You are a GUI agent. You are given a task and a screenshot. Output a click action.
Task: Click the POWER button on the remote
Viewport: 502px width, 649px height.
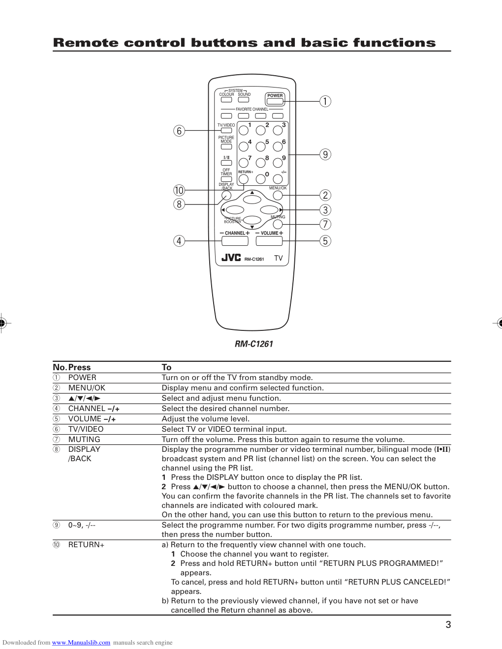pos(275,101)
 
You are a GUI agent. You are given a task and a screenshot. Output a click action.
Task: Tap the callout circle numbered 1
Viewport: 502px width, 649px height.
pos(325,101)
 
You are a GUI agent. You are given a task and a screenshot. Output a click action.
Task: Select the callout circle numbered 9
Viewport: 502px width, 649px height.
pos(325,154)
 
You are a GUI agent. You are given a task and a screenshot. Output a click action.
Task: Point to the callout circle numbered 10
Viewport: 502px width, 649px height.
pos(179,190)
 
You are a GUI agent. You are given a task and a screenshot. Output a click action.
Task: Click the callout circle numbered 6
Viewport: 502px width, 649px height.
pos(179,131)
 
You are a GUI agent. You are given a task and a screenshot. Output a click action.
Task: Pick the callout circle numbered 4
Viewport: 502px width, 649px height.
pos(179,241)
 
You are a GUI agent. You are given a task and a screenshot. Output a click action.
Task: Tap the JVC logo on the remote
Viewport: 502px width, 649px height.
pos(231,258)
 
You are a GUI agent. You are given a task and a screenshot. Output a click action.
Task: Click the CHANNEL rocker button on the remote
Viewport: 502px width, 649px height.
pos(235,241)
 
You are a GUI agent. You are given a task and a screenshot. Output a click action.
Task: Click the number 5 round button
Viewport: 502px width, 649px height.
pos(260,147)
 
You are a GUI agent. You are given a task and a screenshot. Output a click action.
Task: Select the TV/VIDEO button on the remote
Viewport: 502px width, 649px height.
pos(226,131)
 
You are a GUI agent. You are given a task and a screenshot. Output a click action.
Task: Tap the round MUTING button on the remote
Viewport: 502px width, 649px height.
pos(278,225)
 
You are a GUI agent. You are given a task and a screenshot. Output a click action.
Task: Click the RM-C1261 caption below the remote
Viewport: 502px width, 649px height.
pos(253,344)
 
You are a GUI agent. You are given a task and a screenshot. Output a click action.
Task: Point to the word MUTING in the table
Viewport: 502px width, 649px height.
pos(84,440)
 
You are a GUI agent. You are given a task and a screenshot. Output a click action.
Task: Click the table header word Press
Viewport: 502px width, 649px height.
pos(79,367)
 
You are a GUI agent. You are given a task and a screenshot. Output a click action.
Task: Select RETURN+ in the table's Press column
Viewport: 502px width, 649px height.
pos(86,545)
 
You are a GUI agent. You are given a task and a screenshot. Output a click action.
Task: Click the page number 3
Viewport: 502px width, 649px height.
pos(448,625)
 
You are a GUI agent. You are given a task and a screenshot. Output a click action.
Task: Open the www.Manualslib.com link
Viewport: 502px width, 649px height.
pos(81,643)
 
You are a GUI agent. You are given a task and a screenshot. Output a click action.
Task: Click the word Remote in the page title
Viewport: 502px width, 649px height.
pos(85,43)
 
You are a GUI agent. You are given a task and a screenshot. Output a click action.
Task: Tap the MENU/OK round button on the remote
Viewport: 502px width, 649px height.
pos(278,196)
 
